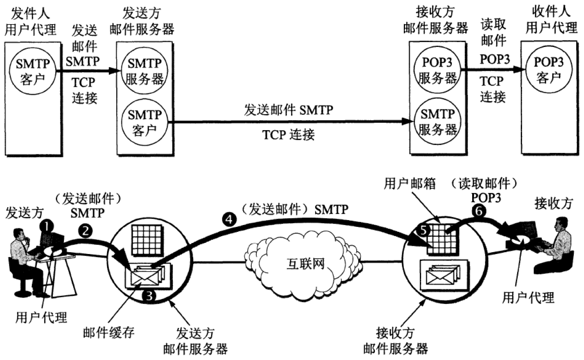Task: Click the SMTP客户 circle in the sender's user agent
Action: point(31,71)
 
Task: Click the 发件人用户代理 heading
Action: point(30,20)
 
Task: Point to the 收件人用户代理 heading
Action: point(551,20)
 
